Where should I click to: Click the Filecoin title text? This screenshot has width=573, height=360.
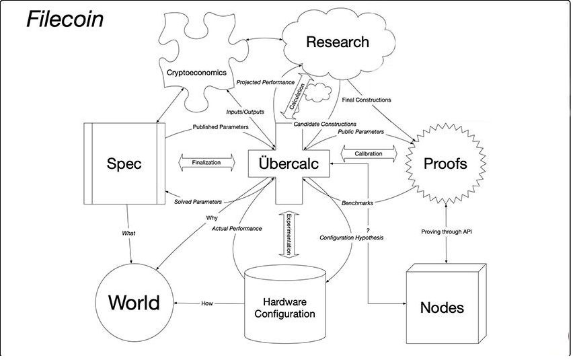tap(65, 19)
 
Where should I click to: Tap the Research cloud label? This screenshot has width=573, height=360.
tap(337, 42)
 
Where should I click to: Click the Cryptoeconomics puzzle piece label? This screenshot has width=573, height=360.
tap(197, 72)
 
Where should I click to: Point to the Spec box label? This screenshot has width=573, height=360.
tap(124, 164)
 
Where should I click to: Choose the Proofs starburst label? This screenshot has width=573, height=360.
tap(445, 164)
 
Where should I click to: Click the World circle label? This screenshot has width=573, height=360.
tap(134, 303)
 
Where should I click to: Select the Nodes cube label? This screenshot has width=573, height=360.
tap(441, 308)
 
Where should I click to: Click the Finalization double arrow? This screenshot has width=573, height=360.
tap(207, 163)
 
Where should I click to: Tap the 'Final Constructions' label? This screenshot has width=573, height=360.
tap(366, 100)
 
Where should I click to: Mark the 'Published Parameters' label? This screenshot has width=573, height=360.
tap(220, 127)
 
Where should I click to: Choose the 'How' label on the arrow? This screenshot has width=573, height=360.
tap(206, 303)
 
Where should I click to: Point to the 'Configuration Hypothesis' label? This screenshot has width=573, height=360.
tap(351, 238)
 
